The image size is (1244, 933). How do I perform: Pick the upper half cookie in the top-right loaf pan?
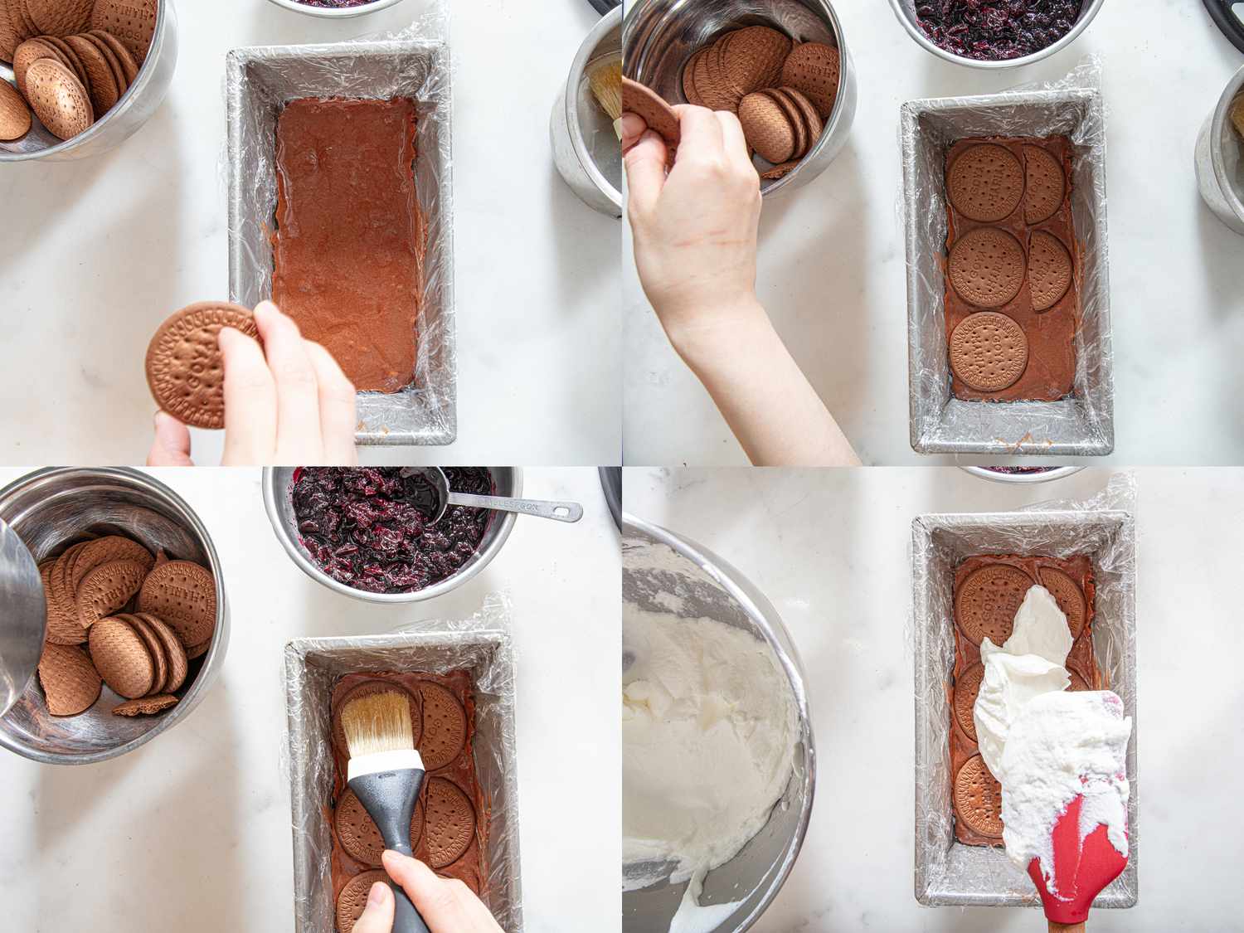(x=1044, y=183)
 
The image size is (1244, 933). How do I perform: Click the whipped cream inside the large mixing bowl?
(x=697, y=730)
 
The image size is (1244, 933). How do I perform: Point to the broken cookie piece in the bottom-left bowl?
(x=145, y=706)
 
